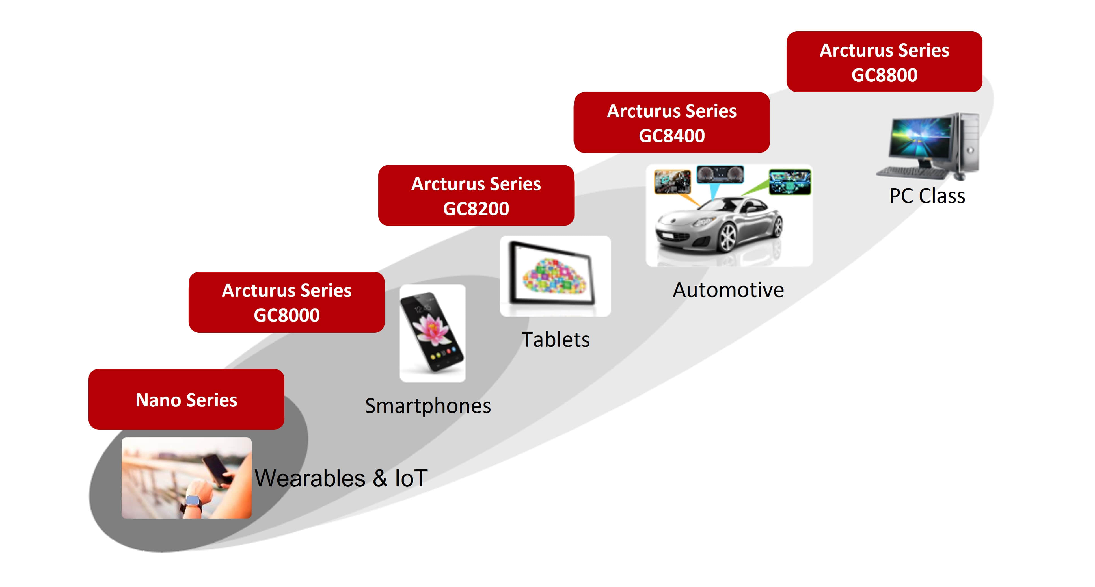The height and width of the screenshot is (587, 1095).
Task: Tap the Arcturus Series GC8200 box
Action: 476,196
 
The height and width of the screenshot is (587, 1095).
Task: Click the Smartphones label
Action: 428,406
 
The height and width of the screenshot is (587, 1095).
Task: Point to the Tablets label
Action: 555,340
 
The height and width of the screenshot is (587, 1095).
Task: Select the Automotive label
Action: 728,290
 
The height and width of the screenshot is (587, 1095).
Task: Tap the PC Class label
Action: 927,196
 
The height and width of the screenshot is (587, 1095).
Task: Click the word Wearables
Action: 310,478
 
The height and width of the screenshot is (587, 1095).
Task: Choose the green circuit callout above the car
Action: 790,182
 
